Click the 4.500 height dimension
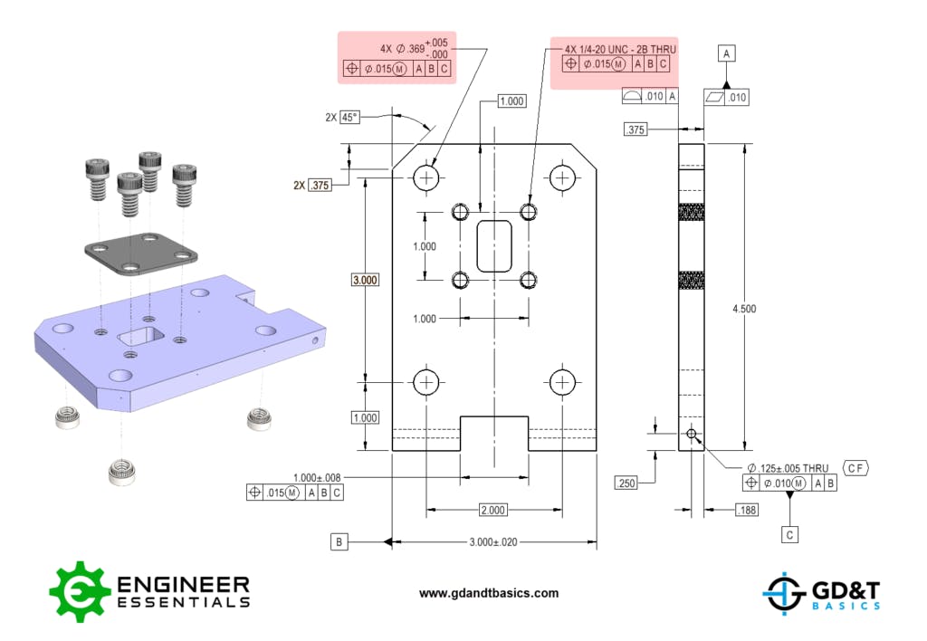coord(744,309)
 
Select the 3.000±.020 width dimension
coord(492,542)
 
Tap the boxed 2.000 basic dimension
coord(492,511)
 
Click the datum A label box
coord(726,54)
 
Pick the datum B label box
coord(339,542)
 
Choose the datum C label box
coord(790,535)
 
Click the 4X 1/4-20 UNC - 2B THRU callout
coord(619,48)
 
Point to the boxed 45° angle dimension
coord(349,117)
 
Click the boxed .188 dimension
coord(747,511)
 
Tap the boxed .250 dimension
coord(626,483)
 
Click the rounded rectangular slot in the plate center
coord(494,246)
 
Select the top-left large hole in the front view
coord(425,177)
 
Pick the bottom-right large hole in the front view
coord(562,382)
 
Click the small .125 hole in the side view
coord(692,435)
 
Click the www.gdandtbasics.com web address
coord(489,594)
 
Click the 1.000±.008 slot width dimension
coord(318,477)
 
